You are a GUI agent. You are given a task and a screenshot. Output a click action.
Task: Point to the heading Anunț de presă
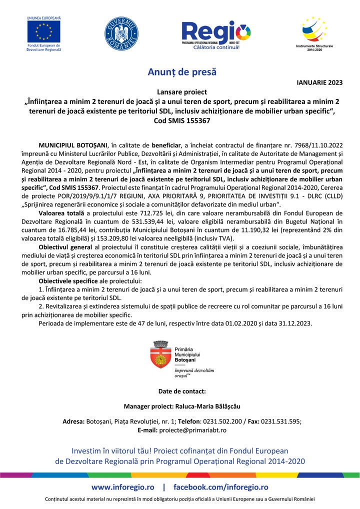[182, 71]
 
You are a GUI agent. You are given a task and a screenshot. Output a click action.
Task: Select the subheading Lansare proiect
[182, 92]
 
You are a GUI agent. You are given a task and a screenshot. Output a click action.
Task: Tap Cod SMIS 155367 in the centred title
[182, 120]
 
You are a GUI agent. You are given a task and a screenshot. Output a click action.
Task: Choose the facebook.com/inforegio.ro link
[220, 487]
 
